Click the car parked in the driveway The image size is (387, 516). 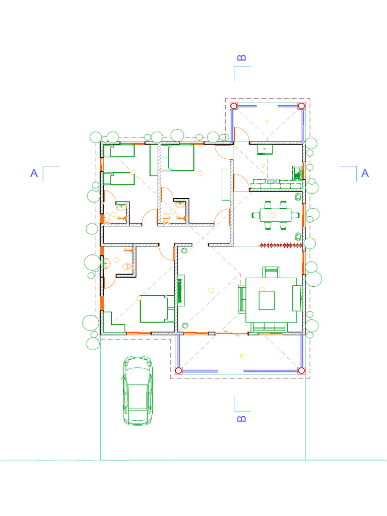137,391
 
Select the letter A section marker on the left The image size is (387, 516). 34,173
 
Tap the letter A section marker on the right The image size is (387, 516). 365,173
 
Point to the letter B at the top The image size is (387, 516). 241,58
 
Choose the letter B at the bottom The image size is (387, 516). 241,419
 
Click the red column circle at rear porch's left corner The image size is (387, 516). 234,106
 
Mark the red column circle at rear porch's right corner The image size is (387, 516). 301,106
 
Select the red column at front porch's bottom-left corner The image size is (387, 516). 178,370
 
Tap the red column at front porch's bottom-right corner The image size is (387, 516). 301,370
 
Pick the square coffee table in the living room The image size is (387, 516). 267,301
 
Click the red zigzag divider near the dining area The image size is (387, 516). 281,245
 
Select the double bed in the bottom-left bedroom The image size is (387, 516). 156,309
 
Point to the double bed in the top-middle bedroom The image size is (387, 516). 177,157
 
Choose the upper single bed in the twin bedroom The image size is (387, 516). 119,150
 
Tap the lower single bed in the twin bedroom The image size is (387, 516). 119,178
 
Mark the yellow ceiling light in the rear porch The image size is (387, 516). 267,121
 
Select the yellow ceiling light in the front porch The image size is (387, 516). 241,355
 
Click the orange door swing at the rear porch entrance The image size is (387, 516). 241,135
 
